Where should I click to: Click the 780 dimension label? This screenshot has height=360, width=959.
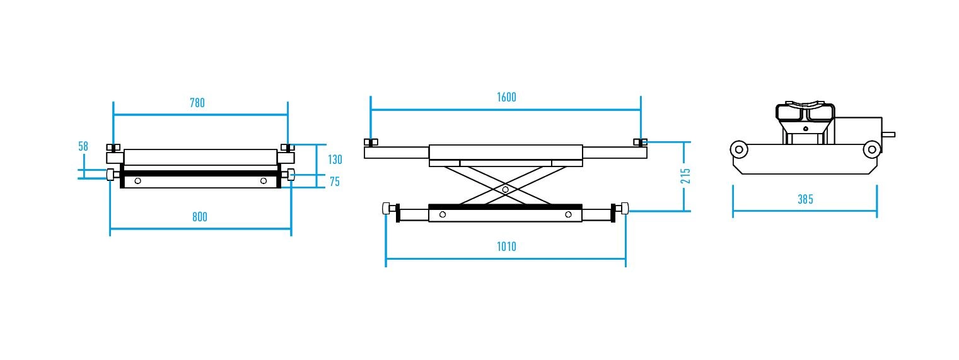(197, 103)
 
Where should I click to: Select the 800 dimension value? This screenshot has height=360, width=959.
(200, 217)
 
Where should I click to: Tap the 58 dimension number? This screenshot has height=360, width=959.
(83, 146)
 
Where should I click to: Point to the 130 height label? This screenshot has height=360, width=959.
(335, 160)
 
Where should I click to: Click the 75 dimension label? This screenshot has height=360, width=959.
(335, 182)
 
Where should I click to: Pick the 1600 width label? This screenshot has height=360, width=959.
(506, 98)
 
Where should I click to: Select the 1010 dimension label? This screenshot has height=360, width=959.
(506, 247)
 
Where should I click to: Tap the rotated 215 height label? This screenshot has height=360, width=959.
(685, 176)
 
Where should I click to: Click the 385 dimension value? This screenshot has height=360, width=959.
(805, 199)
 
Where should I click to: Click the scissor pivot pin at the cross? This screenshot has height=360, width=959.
(506, 189)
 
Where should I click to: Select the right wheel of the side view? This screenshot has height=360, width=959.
(872, 149)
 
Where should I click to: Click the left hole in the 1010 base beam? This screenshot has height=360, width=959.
(443, 214)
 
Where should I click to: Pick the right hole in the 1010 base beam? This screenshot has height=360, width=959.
(568, 214)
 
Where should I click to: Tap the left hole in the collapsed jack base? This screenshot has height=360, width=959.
(138, 181)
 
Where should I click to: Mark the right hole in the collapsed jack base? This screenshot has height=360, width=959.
(264, 181)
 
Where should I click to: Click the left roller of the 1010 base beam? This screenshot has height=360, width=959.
(387, 209)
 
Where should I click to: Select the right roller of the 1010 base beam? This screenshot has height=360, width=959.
(625, 209)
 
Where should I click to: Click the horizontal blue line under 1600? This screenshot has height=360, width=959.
(506, 110)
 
